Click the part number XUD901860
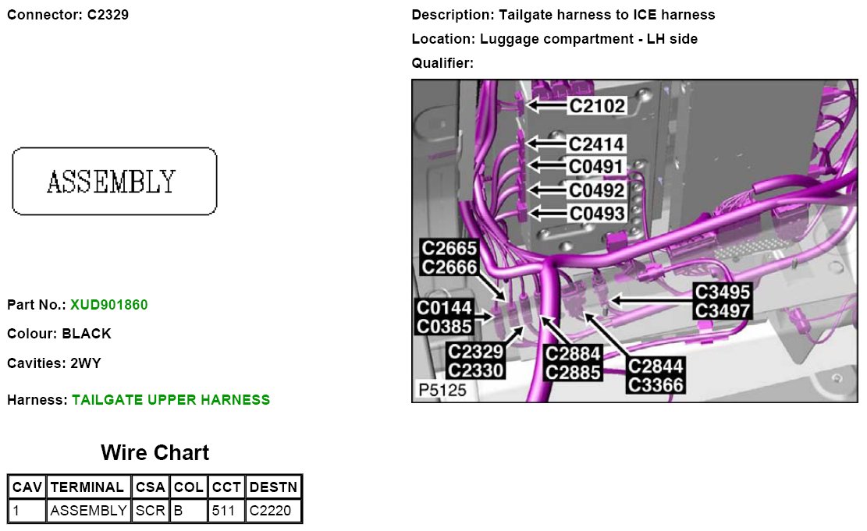point(108,304)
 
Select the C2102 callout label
point(597,105)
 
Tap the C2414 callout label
point(597,144)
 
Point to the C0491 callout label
point(597,167)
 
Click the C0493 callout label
point(597,213)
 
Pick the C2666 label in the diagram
point(449,267)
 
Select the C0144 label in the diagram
point(444,308)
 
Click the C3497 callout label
point(723,310)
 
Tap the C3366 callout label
point(656,384)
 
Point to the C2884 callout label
point(574,354)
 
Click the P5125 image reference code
point(442,390)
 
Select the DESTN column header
point(273,487)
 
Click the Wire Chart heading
point(155,453)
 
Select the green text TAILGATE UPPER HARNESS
point(171,400)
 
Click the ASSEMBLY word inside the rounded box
point(112,182)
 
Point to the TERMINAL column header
point(87,487)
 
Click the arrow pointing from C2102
point(545,104)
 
